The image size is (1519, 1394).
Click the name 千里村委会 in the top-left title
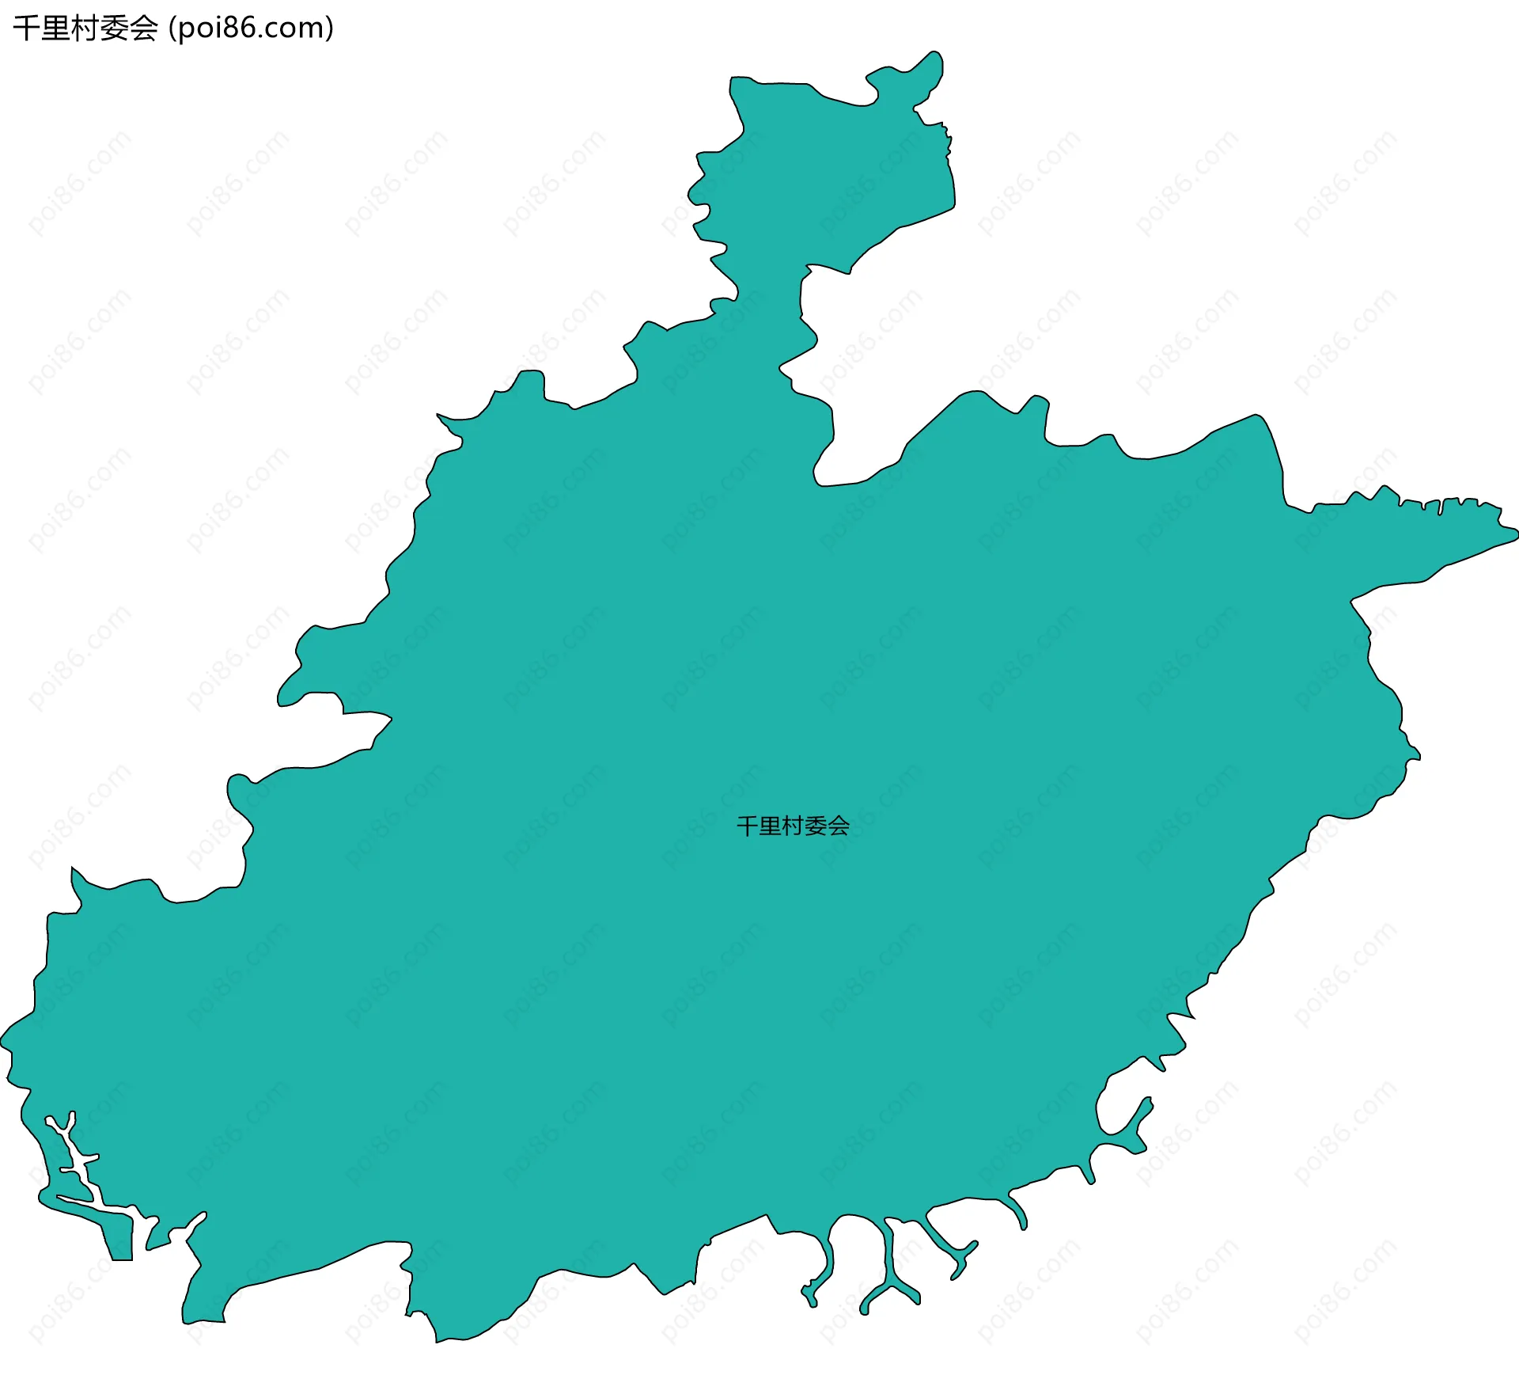click(x=85, y=28)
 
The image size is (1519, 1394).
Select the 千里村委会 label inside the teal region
click(x=793, y=826)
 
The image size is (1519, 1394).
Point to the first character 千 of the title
click(x=24, y=28)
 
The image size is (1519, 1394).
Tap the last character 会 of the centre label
click(x=839, y=826)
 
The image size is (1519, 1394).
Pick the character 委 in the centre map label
click(x=816, y=826)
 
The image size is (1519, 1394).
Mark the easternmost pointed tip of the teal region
click(x=1516, y=536)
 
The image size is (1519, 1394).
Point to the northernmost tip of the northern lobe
click(x=935, y=54)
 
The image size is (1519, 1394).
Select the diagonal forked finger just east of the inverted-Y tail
click(x=953, y=1251)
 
